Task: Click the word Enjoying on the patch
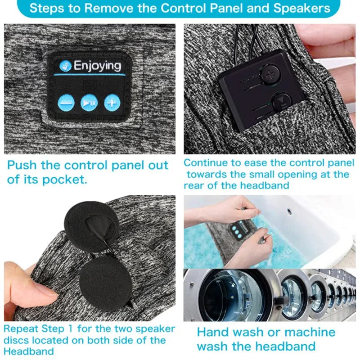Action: point(97,66)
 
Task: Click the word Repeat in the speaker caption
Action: point(18,328)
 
